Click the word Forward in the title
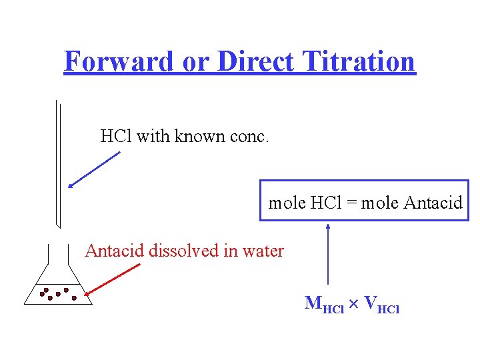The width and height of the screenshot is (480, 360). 118,62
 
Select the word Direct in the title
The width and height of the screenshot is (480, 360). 255,62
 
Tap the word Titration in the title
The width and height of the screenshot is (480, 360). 358,62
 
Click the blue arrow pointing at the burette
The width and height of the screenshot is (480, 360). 94,170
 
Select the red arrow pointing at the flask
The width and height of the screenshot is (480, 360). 113,279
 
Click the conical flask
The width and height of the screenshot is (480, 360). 58,287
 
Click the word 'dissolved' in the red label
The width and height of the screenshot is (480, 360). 183,251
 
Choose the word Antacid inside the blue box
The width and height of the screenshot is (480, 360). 433,203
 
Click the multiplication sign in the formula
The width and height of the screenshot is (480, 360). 354,304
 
